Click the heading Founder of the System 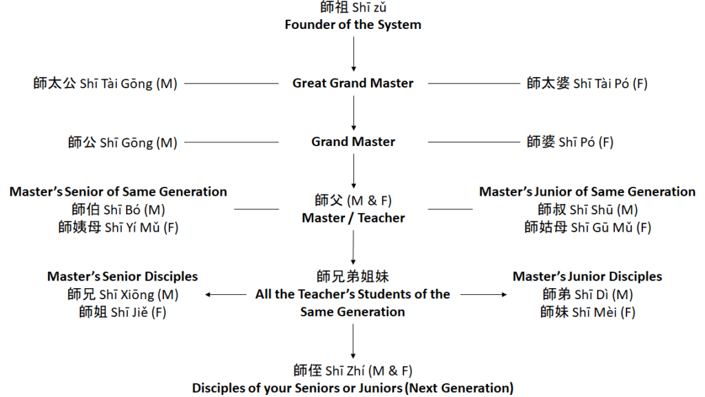352,25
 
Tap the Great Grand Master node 352,83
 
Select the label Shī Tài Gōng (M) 105,84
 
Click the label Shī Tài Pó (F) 587,84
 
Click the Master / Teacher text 352,218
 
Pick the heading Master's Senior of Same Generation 118,192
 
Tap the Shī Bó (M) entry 118,209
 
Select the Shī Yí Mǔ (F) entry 118,227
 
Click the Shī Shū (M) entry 587,209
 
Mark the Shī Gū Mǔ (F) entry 587,227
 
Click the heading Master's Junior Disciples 587,276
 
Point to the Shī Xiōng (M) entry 122,294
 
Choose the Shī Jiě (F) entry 122,312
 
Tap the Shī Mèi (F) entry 587,312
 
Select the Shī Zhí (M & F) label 352,371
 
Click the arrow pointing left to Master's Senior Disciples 227,294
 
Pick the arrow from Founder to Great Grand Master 353,54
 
